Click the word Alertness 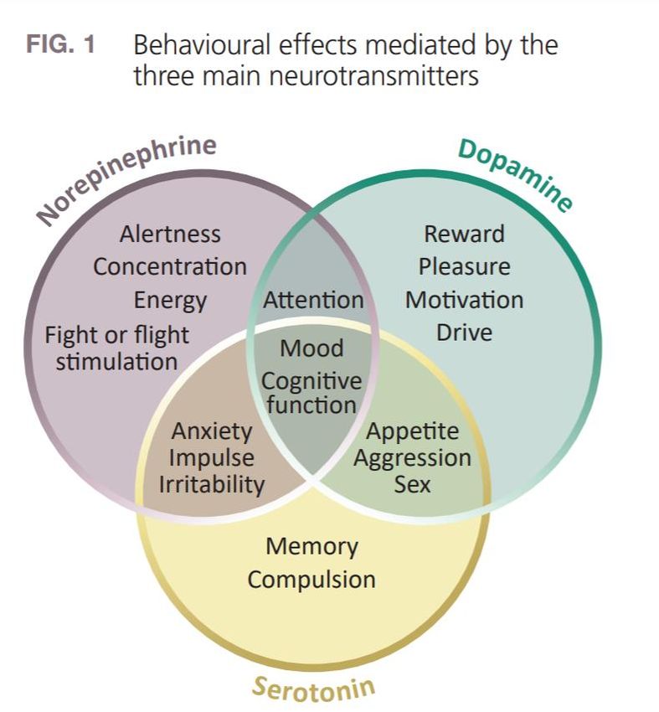pos(170,234)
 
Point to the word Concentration pos(170,267)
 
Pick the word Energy pos(170,300)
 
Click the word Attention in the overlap pos(313,300)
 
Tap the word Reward pos(464,234)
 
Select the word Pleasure pos(464,267)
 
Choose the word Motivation pos(464,300)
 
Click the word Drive pos(464,333)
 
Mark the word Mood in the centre pos(311,348)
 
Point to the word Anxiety pos(212,431)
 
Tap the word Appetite pos(412,431)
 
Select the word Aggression pos(412,458)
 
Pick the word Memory pos(311,546)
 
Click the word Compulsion pos(311,580)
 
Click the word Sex pos(412,484)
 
